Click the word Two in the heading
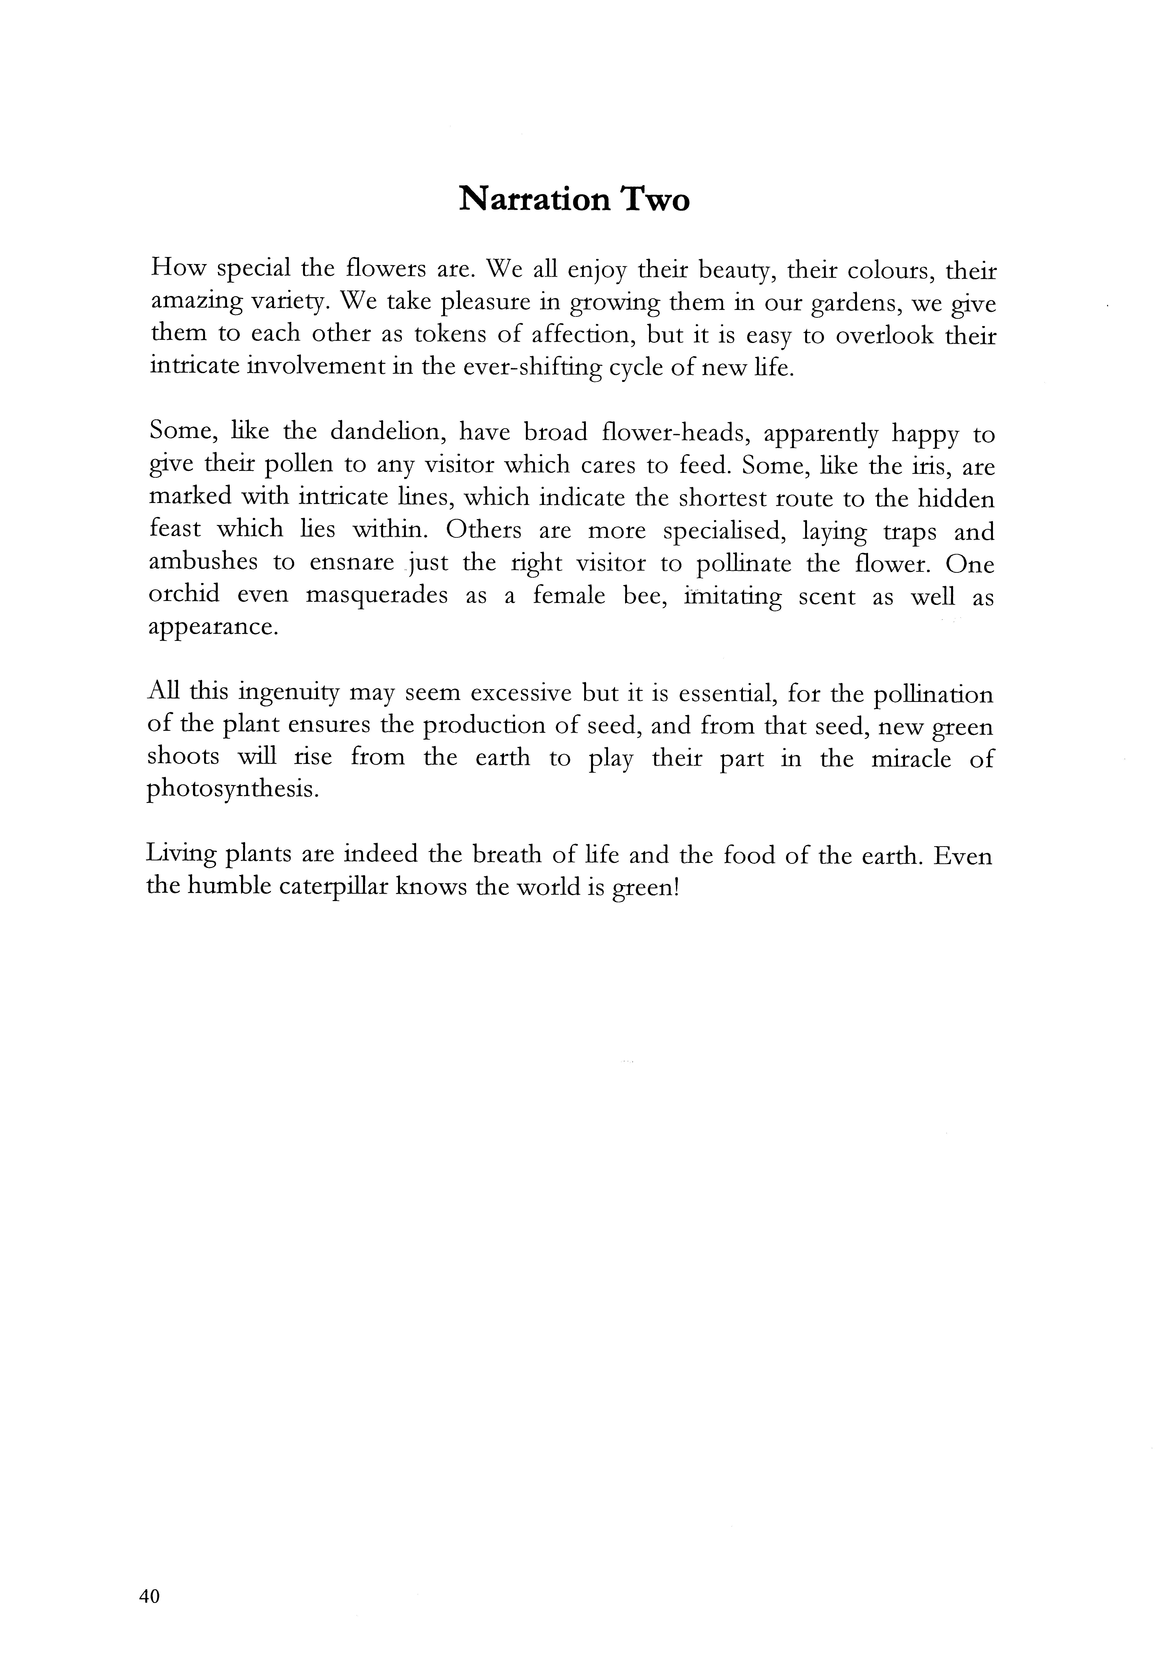(653, 199)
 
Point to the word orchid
(184, 594)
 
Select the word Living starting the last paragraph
(181, 855)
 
